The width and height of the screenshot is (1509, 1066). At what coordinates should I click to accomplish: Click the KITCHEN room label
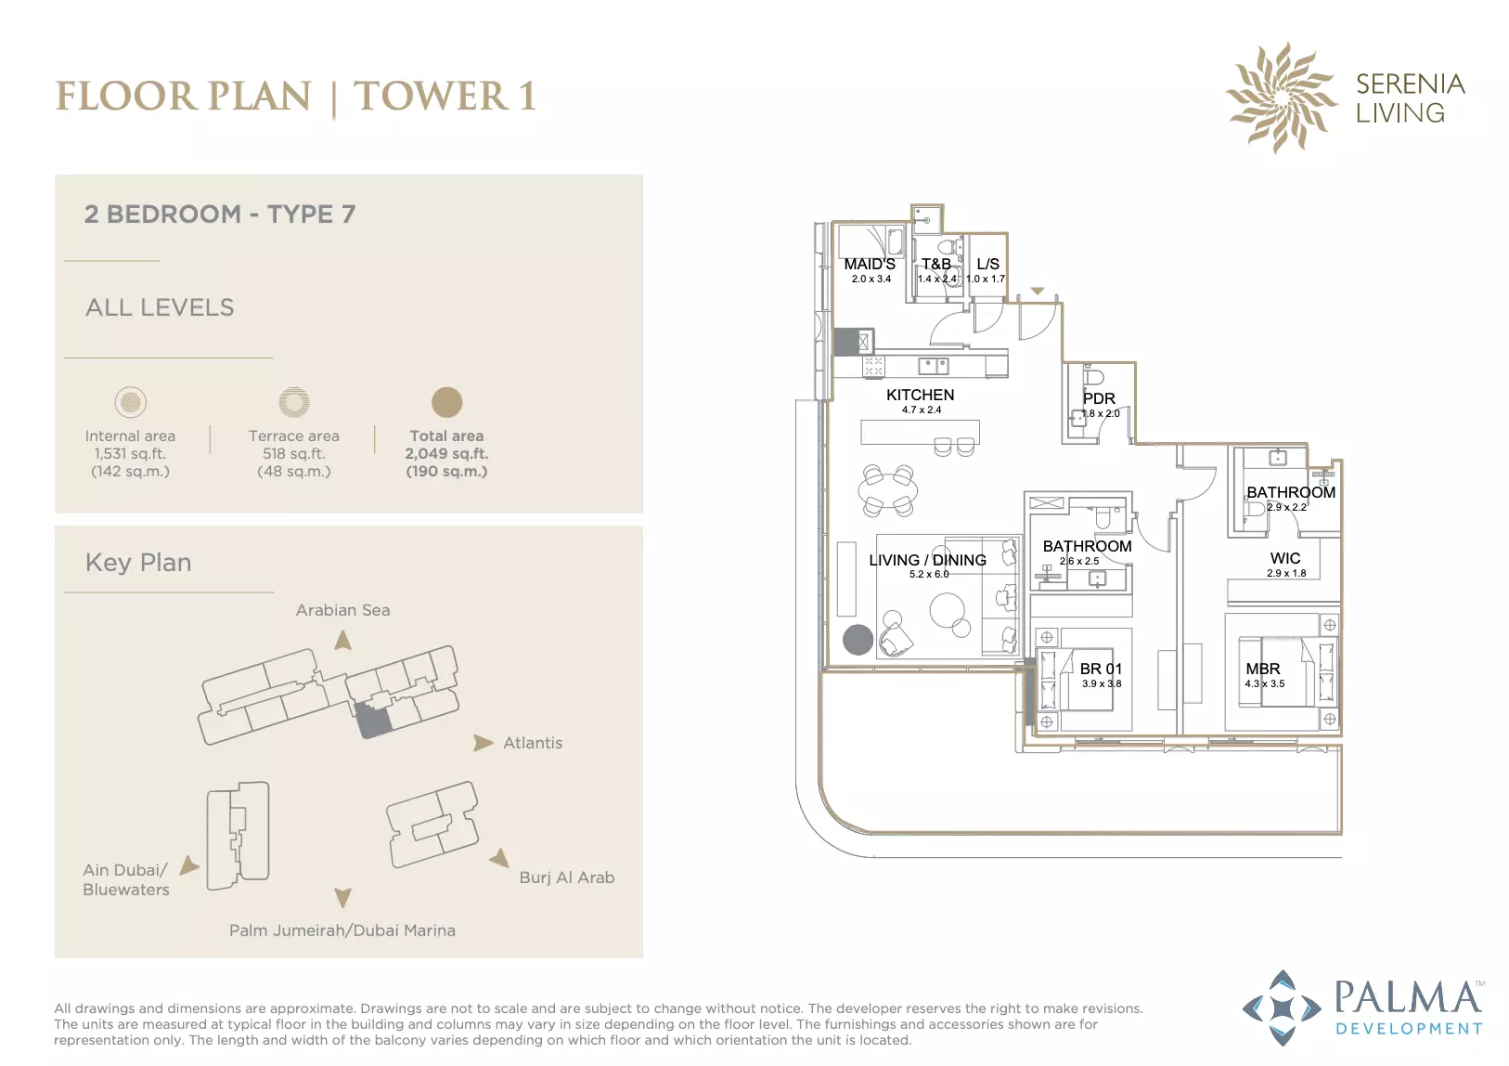tap(920, 395)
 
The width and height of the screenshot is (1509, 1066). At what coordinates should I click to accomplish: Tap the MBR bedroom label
tap(1262, 669)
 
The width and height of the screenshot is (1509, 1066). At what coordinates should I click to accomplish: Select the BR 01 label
tap(1101, 669)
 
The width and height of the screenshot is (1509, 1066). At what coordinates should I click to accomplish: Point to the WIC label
tap(1285, 559)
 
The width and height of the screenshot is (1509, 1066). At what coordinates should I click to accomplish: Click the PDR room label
tap(1099, 398)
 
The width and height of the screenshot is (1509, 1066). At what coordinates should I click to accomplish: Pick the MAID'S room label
tap(870, 264)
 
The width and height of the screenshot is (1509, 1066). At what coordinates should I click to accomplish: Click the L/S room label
tap(987, 264)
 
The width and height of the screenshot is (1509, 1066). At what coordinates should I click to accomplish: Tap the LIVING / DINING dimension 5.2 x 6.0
tap(929, 574)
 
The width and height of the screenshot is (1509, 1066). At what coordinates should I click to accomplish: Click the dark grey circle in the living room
tap(858, 640)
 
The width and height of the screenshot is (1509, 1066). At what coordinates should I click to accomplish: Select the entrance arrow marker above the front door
tap(1038, 291)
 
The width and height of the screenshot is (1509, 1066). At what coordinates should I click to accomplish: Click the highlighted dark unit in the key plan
tap(373, 720)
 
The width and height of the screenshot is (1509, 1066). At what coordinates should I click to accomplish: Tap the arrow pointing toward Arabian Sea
tap(342, 640)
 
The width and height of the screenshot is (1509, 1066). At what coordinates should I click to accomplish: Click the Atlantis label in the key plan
tap(532, 743)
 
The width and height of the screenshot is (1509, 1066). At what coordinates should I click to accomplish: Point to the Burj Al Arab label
tap(566, 877)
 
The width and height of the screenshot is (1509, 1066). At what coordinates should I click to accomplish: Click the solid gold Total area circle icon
tap(446, 402)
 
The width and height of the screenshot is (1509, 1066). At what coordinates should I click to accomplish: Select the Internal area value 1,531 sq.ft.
tap(130, 453)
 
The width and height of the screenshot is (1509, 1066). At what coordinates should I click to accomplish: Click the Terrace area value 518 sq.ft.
tap(293, 453)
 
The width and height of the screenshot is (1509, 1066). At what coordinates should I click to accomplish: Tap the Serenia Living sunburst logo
tap(1281, 97)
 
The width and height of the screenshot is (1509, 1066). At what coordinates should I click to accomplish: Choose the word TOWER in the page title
tap(432, 96)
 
